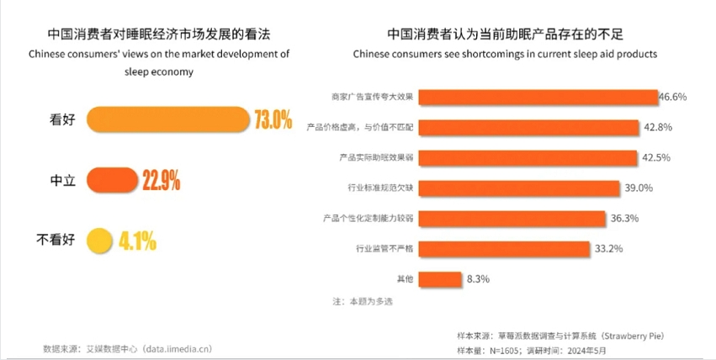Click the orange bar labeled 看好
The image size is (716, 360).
[167, 119]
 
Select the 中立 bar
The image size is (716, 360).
[111, 179]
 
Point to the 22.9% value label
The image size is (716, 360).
[161, 179]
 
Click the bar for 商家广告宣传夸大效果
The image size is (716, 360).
[538, 97]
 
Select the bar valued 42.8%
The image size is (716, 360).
[528, 127]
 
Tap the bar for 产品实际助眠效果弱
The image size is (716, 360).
[528, 157]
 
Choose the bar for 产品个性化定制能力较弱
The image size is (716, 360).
[512, 218]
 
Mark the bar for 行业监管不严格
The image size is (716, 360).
[503, 248]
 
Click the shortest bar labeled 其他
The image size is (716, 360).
[439, 278]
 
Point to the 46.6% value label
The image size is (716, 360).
[672, 97]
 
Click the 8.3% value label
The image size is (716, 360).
[477, 278]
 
